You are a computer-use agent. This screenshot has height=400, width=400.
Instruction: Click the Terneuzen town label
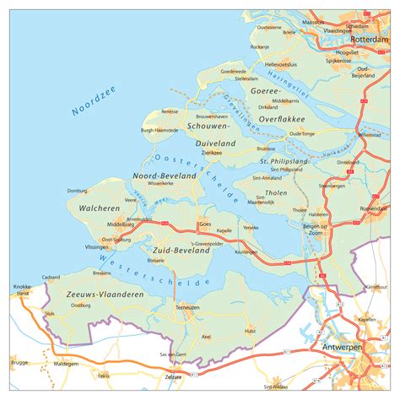[186, 308]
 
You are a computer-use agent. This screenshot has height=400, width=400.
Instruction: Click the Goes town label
[204, 224]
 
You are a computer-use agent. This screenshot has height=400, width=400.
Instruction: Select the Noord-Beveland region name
[165, 175]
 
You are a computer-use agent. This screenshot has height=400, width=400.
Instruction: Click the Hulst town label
[251, 332]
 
